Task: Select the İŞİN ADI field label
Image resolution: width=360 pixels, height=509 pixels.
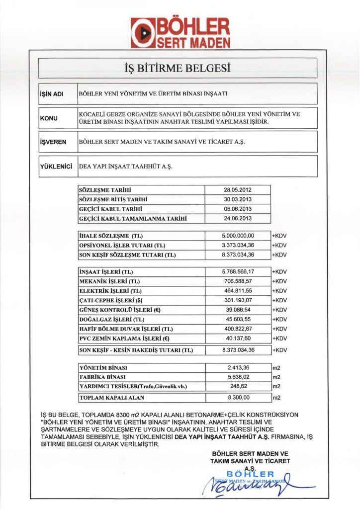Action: coord(51,94)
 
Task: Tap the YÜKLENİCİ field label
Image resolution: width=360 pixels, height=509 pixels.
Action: coord(56,166)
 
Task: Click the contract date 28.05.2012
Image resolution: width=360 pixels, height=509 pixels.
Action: coord(238,190)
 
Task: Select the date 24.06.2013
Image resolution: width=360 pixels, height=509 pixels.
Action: coord(238,218)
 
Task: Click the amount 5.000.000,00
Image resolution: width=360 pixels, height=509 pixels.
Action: coord(238,236)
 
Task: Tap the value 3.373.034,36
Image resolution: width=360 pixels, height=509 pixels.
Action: coord(238,245)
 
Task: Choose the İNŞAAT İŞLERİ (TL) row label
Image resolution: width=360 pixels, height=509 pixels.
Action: coord(106,272)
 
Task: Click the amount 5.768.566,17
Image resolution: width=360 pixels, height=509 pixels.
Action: coord(238,272)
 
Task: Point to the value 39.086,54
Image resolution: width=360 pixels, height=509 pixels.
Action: coord(238,310)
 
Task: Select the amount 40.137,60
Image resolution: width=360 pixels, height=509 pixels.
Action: coord(238,339)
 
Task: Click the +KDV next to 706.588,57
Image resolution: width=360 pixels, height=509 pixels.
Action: coord(279,281)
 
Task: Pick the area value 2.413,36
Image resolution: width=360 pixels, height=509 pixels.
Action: coord(238,367)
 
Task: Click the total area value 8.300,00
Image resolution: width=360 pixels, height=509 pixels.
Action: coord(238,398)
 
